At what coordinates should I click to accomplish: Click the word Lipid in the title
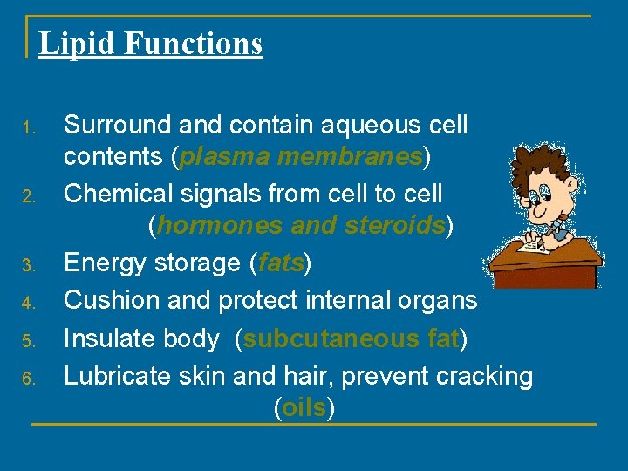[x=67, y=43]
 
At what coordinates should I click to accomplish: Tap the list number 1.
[x=28, y=130]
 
